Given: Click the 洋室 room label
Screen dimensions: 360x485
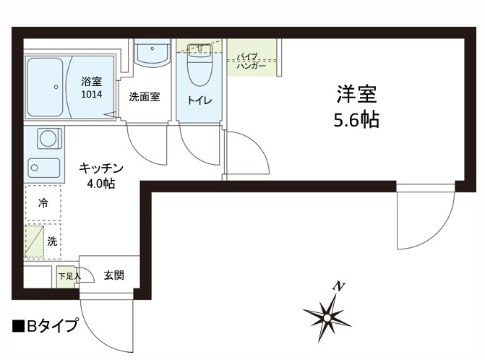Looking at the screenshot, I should coord(356,94).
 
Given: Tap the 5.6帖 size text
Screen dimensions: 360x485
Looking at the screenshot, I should coord(356,120).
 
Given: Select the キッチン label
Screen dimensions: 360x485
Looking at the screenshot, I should coord(101,168).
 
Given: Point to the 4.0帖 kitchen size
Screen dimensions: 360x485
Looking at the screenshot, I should coord(101,183).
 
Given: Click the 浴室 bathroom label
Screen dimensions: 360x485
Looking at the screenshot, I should coord(91,82).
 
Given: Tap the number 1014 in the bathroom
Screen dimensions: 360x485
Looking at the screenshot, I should coord(91,94).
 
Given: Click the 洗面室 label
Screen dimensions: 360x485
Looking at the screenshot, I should coord(144,97).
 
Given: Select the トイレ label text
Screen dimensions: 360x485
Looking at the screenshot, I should coord(199,100).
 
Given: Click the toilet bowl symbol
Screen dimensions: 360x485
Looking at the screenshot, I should coord(198,68).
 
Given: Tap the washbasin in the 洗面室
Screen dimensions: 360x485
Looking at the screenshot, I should coord(151,52).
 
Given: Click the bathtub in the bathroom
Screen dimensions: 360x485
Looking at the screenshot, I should coord(46,86).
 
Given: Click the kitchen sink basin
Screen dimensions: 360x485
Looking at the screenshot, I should coord(43,168).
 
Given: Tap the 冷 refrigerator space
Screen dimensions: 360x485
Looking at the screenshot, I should coord(43,204).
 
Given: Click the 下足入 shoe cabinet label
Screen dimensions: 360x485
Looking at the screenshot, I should coord(67,275).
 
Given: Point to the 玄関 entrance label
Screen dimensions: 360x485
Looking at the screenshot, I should coord(113,275).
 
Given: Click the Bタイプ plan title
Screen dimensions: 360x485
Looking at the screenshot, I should coord(45,326).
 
